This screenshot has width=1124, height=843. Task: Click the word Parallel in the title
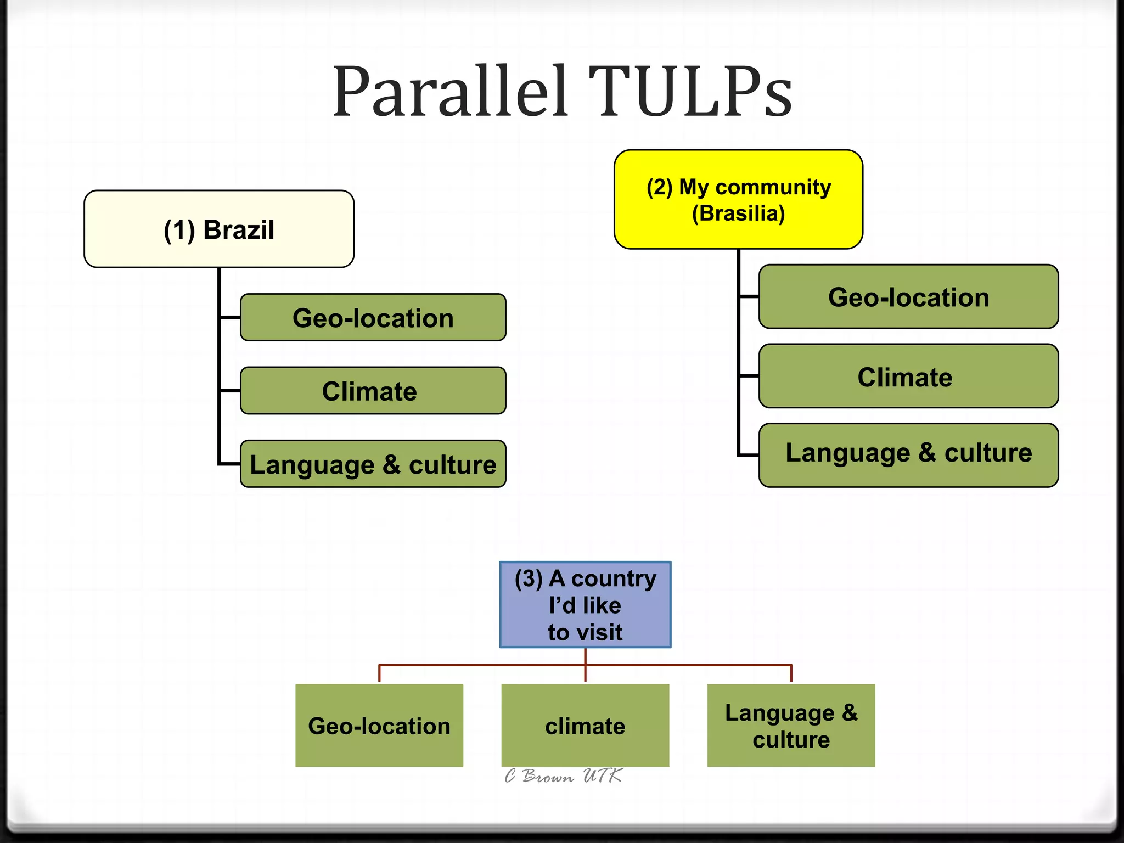tap(450, 92)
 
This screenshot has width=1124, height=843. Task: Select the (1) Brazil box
tap(218, 229)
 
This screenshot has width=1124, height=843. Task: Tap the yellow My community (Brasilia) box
tap(738, 199)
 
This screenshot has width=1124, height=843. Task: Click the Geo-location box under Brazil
tap(373, 317)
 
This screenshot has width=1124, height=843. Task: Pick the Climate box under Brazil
tap(373, 391)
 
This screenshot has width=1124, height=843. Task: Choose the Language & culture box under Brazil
tap(373, 464)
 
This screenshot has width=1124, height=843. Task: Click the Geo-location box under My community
tap(908, 296)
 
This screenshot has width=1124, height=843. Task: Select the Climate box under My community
tap(908, 376)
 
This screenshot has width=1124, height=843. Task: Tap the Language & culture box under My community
tap(908, 454)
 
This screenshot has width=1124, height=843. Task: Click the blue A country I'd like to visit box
tap(585, 604)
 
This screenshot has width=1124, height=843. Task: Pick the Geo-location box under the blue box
tap(379, 725)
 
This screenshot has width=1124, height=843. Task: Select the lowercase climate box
tap(585, 725)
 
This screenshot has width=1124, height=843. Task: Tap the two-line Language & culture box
tap(791, 725)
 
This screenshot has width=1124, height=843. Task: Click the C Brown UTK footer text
tap(563, 775)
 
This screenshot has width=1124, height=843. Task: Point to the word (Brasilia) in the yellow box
tap(738, 213)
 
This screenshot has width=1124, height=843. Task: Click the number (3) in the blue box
tap(529, 578)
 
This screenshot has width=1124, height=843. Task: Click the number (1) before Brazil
tap(179, 230)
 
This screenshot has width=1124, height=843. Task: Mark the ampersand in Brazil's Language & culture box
tap(391, 464)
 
